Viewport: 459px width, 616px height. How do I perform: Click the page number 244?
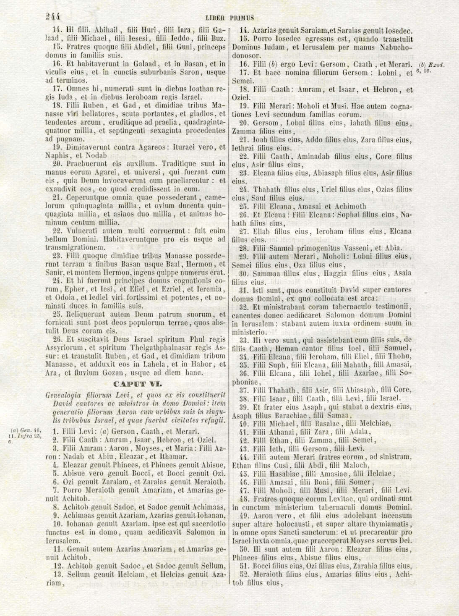point(53,16)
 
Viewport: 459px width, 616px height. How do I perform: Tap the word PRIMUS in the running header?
point(242,18)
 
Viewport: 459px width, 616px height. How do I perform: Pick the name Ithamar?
point(173,456)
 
